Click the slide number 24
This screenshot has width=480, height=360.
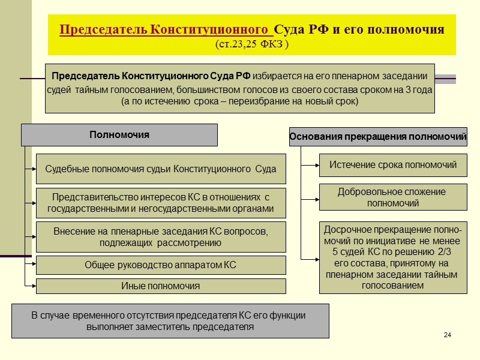(x=447, y=334)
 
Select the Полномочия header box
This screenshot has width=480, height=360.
(x=119, y=135)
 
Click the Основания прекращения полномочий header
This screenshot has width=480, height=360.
(x=378, y=137)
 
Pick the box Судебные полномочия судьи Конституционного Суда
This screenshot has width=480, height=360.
(x=161, y=169)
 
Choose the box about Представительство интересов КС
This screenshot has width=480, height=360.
(x=161, y=203)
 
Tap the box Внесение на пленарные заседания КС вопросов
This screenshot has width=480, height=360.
(x=161, y=236)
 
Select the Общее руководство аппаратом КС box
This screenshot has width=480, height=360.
(x=161, y=265)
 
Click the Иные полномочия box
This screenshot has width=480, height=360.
(x=161, y=286)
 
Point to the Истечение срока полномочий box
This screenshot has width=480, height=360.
(x=393, y=165)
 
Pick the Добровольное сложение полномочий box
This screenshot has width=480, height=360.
(x=393, y=197)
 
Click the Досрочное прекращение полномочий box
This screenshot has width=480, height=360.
(x=393, y=257)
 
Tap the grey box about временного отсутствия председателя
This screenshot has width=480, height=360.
(x=170, y=321)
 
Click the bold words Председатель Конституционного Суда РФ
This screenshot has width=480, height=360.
(x=151, y=76)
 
